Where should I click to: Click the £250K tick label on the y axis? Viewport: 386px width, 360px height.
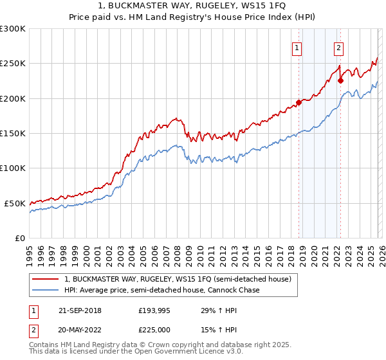point(13,64)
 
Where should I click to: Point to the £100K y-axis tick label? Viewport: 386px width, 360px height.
point(13,168)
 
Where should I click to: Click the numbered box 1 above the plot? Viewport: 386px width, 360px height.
point(297,47)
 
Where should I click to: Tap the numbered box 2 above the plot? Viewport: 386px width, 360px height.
point(338,47)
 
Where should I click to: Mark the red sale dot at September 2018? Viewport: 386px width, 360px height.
point(299,103)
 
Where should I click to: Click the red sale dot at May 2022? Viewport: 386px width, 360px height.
point(340,81)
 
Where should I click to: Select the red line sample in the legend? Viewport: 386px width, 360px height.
point(46,279)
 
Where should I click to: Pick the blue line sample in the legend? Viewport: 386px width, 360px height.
point(46,290)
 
